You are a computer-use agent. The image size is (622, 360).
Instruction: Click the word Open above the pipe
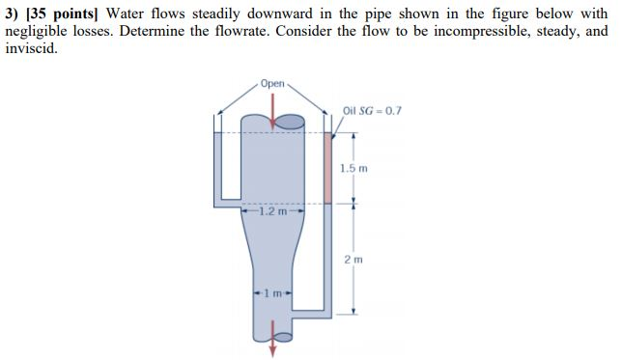(273, 84)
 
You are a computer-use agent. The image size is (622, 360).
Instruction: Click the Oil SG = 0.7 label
(372, 110)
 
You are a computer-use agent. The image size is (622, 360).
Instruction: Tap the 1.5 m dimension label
(354, 168)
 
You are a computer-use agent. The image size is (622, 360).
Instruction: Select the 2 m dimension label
(354, 259)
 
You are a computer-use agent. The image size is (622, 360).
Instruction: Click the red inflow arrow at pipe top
(273, 114)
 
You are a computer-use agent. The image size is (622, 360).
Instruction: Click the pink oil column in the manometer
(327, 169)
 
